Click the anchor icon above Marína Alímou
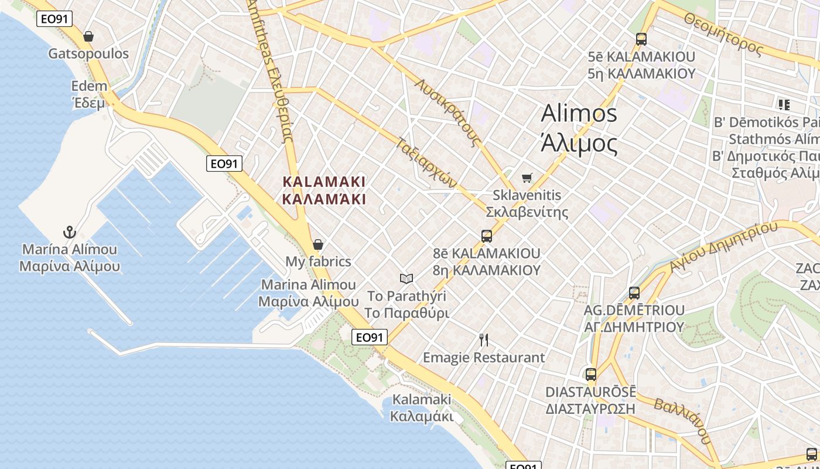pos(70,232)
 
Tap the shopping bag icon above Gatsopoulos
pos(88,36)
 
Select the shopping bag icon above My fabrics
pos(318,244)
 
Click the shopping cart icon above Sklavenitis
pos(527,177)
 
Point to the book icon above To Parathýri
pos(406,278)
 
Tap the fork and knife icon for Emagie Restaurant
pos(484,339)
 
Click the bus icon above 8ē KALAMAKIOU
pos(486,236)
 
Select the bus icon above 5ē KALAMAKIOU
pos(641,39)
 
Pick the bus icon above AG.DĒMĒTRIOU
pos(634,293)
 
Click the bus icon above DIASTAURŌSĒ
pos(591,374)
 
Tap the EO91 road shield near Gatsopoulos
pos(54,19)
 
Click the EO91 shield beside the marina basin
pos(224,164)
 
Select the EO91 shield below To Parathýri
pos(370,337)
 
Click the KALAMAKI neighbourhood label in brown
pos(324,190)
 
